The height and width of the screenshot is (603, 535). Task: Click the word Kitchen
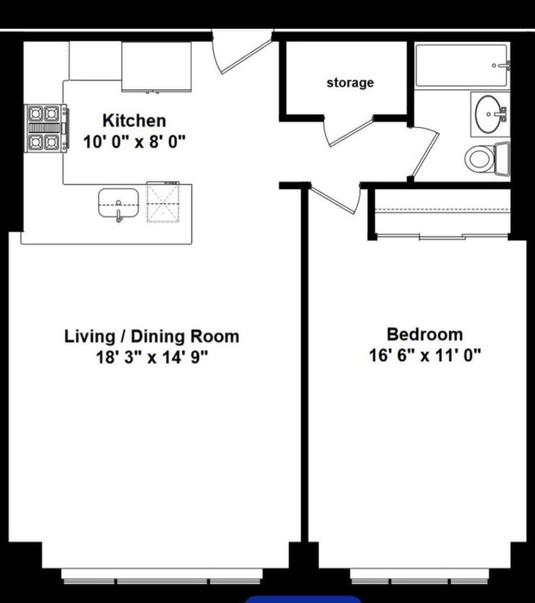[134, 121]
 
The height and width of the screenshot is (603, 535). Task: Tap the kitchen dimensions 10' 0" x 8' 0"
[134, 142]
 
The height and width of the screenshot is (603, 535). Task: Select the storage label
[350, 83]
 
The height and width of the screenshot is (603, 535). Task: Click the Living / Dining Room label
[152, 336]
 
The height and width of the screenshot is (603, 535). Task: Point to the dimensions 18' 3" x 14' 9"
[152, 357]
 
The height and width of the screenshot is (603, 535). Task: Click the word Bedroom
[425, 334]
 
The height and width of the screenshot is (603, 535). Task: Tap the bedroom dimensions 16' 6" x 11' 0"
[425, 355]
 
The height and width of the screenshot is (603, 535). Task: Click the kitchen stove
[47, 128]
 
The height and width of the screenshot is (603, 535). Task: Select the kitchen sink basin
[118, 203]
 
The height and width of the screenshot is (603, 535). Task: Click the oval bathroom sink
[488, 114]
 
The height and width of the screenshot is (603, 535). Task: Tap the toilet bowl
[479, 158]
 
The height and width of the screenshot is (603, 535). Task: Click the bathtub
[461, 65]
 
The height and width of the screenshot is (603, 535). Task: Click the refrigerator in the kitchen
[157, 67]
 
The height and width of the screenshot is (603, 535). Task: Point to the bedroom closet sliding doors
[442, 237]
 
